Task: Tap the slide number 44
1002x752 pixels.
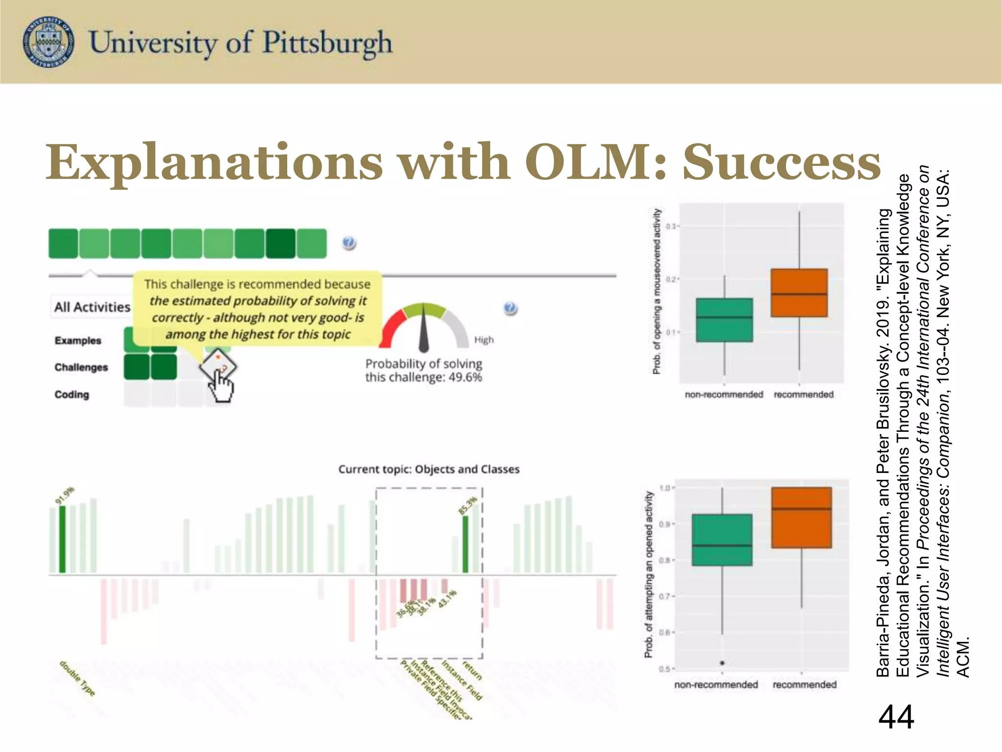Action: (x=896, y=717)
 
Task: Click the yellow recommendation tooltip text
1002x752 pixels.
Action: (x=257, y=309)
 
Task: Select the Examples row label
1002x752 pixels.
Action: (x=78, y=340)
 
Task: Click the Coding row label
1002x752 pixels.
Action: (x=72, y=395)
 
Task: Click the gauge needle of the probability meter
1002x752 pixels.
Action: (x=424, y=333)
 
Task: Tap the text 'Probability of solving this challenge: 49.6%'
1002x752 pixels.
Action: (x=424, y=371)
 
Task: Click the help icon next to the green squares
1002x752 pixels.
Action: (x=349, y=243)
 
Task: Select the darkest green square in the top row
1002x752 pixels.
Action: (x=280, y=243)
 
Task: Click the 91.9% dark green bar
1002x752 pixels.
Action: (x=62, y=539)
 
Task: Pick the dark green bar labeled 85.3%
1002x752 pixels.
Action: (x=465, y=543)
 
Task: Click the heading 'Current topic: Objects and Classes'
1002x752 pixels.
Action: (x=429, y=469)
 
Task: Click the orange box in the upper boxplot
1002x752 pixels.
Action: (x=799, y=293)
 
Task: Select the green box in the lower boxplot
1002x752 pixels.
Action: (x=722, y=540)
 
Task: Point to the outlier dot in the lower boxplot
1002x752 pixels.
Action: (x=722, y=663)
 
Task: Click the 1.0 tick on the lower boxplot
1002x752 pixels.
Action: (x=666, y=488)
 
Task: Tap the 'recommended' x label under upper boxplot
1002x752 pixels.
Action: (x=803, y=395)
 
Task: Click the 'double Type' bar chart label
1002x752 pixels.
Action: (x=77, y=678)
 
